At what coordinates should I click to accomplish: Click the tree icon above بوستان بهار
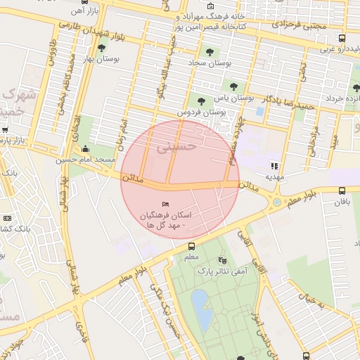(103, 49)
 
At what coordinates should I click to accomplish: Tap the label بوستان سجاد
(212, 63)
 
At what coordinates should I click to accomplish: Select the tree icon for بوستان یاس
(201, 101)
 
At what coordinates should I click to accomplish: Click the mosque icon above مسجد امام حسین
(86, 148)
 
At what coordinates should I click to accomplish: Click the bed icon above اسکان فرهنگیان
(165, 204)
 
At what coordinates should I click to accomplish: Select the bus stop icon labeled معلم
(191, 246)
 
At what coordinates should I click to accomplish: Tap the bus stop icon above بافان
(342, 191)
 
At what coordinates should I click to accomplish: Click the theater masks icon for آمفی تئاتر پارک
(223, 259)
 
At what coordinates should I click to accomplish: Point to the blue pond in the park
(201, 310)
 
